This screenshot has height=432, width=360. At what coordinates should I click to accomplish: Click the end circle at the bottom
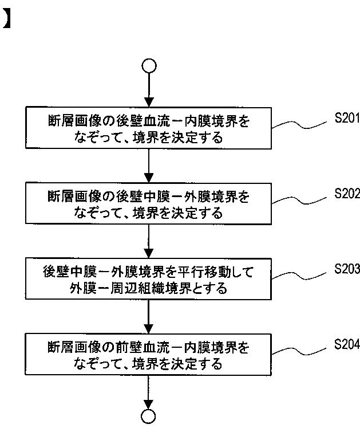pyautogui.click(x=148, y=417)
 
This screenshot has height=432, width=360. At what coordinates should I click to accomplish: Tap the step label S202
pyautogui.click(x=347, y=194)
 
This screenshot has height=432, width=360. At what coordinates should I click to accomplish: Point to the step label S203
pyautogui.click(x=347, y=269)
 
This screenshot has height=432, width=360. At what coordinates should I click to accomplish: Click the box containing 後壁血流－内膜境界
pyautogui.click(x=148, y=129)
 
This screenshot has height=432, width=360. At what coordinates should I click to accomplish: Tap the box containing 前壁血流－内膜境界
pyautogui.click(x=148, y=355)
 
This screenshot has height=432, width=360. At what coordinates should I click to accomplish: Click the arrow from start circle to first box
pyautogui.click(x=148, y=89)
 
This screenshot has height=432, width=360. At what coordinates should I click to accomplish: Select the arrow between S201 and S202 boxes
pyautogui.click(x=148, y=167)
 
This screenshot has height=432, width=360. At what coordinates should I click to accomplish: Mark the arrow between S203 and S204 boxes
pyautogui.click(x=148, y=317)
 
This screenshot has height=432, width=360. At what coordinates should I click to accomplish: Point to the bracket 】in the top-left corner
pyautogui.click(x=6, y=19)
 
